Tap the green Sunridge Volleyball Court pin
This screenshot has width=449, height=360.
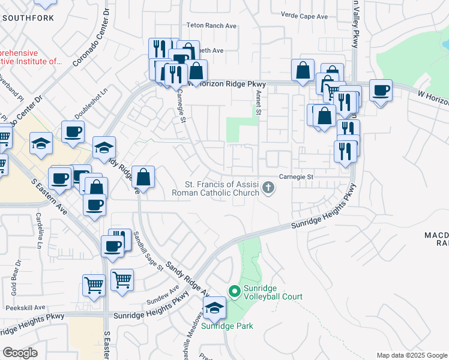coord(233,292)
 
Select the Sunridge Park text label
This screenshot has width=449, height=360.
coord(226,326)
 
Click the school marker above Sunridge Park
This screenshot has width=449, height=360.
coord(214,308)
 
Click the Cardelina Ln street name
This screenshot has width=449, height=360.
coord(40,230)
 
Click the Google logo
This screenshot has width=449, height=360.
coord(19,353)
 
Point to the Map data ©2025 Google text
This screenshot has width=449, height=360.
coord(411,355)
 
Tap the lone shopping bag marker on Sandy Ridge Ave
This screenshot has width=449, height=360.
coord(143,177)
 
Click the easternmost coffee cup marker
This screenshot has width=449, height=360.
coord(381,91)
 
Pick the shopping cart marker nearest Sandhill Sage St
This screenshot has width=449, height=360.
coord(122,279)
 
